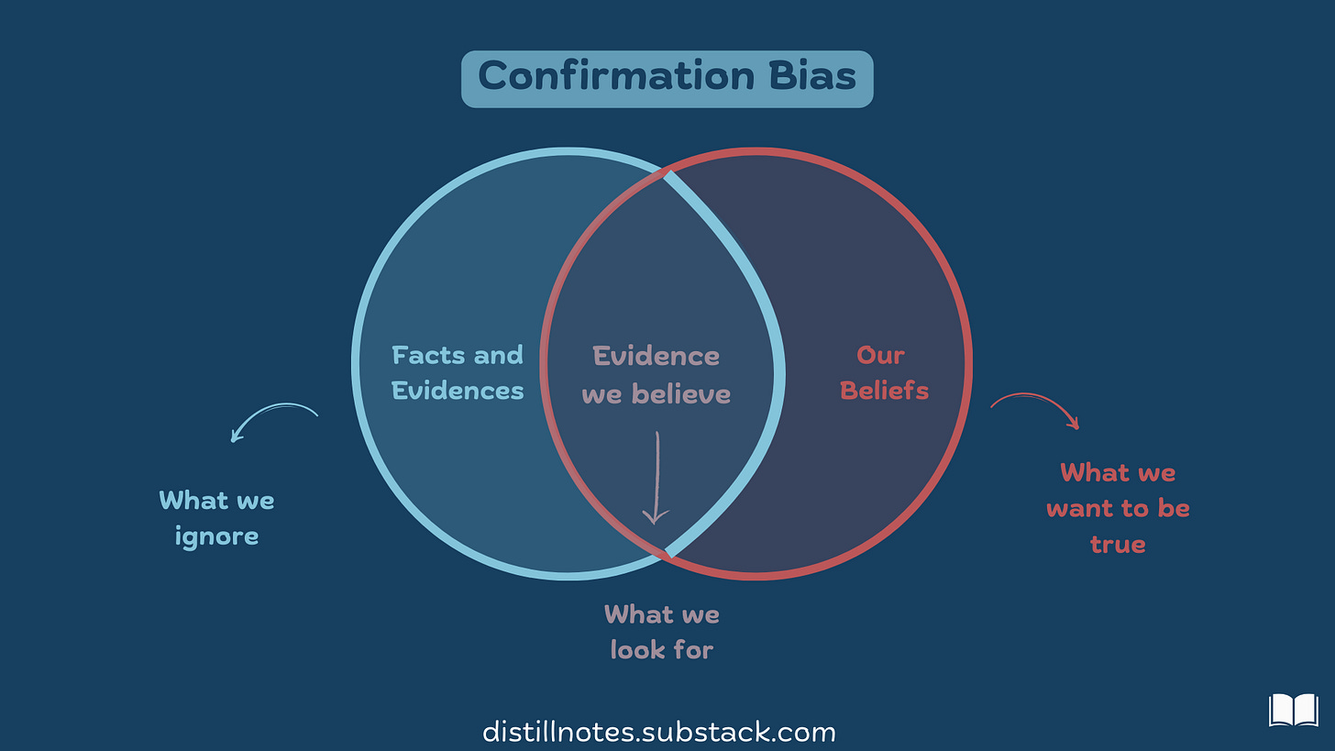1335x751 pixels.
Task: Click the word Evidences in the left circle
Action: pos(458,391)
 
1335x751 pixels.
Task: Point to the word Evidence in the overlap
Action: pos(656,356)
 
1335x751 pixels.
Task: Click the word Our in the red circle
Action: pos(881,355)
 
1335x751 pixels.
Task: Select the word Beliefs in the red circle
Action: pos(884,391)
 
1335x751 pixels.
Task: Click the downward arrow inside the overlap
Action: pos(656,478)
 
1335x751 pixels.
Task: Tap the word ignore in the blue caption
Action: pos(216,536)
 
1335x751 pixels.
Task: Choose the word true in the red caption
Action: pos(1118,544)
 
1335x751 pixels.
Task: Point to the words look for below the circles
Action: pos(661,650)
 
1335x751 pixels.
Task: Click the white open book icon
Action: pos(1293,711)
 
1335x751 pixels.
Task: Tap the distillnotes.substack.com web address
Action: pos(659,733)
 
